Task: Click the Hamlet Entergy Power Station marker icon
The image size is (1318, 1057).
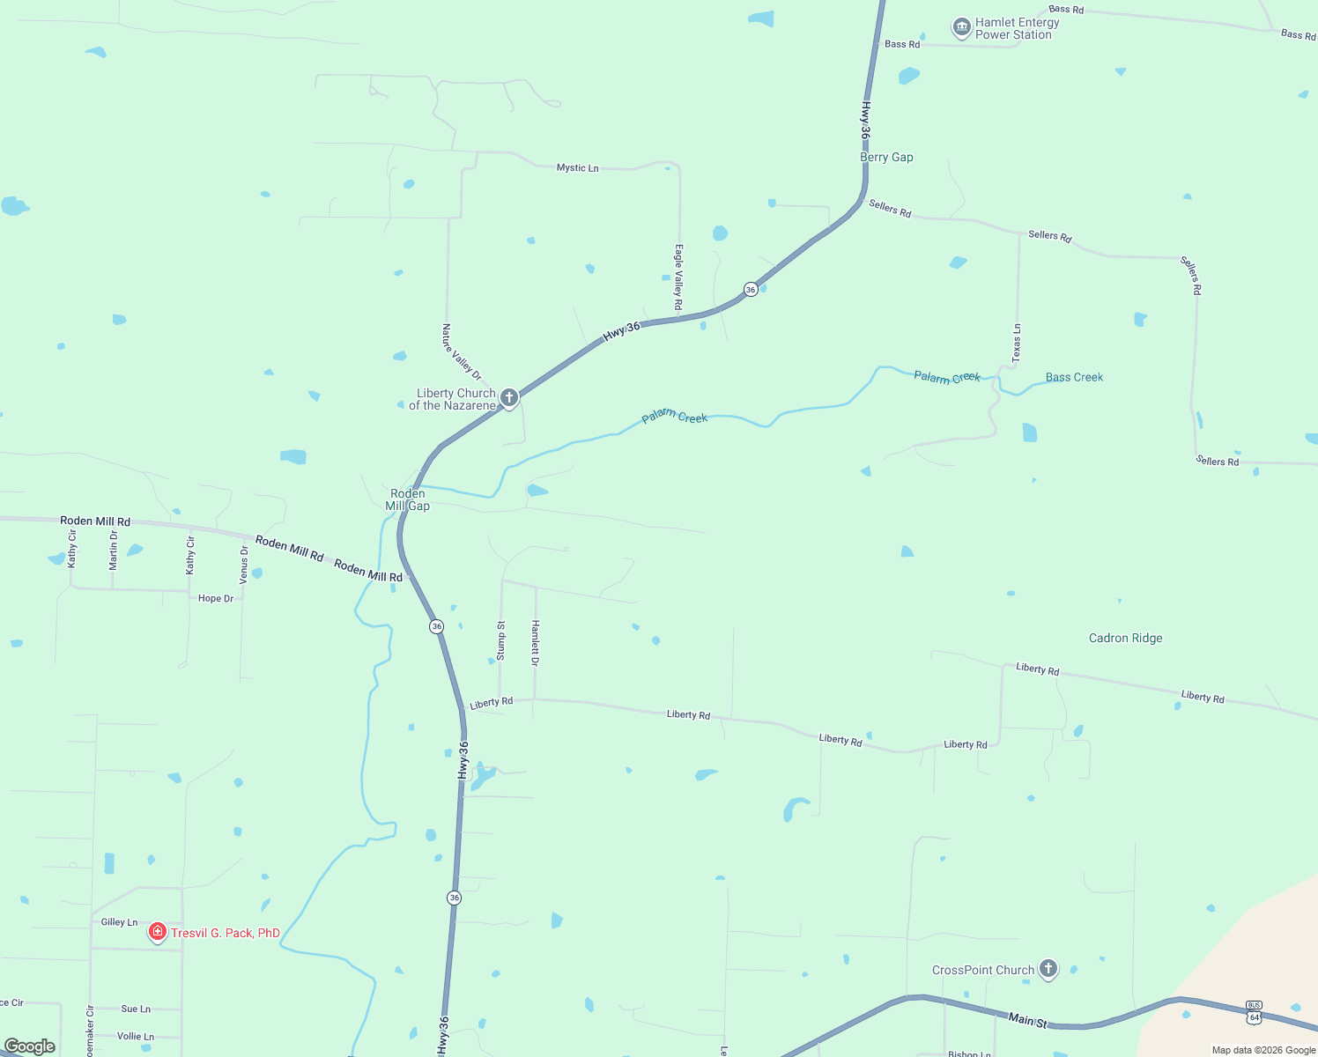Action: tap(961, 28)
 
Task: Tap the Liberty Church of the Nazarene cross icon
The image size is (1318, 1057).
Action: tap(508, 398)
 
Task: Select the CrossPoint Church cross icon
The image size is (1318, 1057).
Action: tap(1048, 969)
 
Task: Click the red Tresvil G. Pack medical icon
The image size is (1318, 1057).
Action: tap(158, 932)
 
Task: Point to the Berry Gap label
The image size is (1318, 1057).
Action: tap(886, 157)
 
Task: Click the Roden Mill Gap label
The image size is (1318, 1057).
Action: tap(408, 499)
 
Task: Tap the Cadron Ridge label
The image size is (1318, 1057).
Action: tap(1125, 638)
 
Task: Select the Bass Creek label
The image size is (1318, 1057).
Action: tap(1074, 377)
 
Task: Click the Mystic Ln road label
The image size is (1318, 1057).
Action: tap(577, 167)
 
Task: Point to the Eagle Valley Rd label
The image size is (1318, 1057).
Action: tap(678, 277)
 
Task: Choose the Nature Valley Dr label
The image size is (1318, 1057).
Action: tap(462, 351)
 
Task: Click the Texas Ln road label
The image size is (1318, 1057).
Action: tap(1017, 343)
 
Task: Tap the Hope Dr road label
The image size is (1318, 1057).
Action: tap(216, 598)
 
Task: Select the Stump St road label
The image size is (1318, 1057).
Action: tap(500, 640)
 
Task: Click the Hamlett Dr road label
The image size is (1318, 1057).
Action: tap(535, 642)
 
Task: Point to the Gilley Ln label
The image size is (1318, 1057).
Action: tap(119, 922)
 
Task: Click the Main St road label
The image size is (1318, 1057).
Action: tap(1028, 1020)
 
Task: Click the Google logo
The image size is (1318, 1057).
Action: tap(30, 1046)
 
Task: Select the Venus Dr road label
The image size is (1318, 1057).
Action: tap(244, 565)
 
